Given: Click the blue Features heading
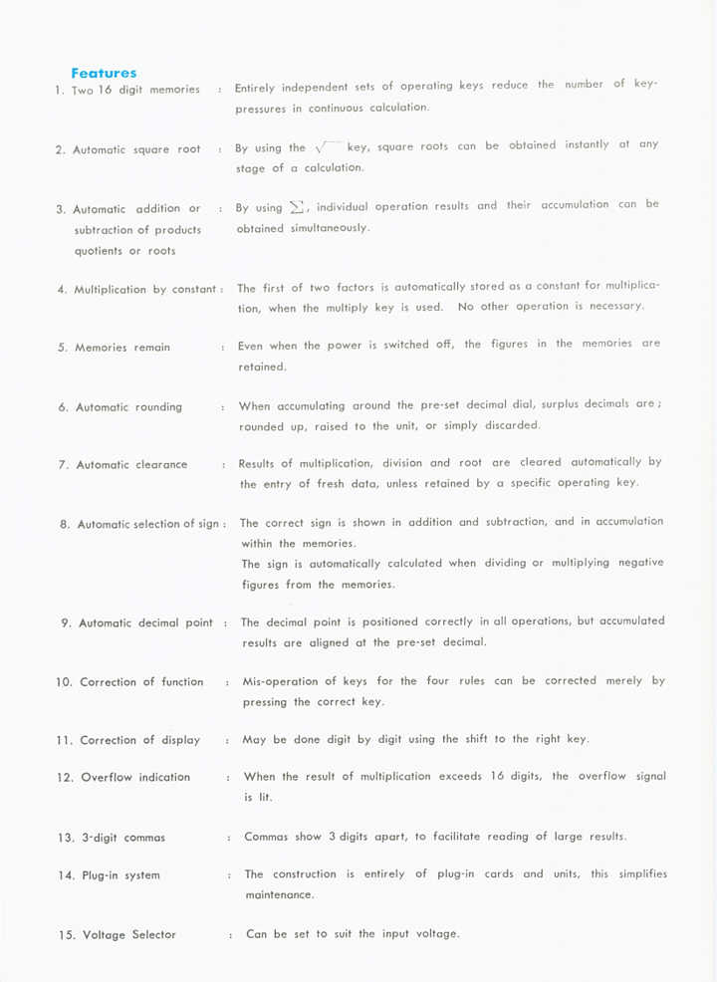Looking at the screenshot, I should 104,73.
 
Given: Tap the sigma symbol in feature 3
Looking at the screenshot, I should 295,207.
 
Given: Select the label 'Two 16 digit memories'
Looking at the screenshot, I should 135,90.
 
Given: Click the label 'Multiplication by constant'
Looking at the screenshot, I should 145,290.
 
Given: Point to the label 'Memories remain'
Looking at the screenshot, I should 121,348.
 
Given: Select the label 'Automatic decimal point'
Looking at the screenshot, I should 145,623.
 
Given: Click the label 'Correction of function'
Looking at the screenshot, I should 140,682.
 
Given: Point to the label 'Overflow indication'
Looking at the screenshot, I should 135,777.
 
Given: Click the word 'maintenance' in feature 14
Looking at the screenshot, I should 280,895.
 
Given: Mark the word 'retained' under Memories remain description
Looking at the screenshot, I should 262,368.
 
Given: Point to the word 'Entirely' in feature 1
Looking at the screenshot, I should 257,88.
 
